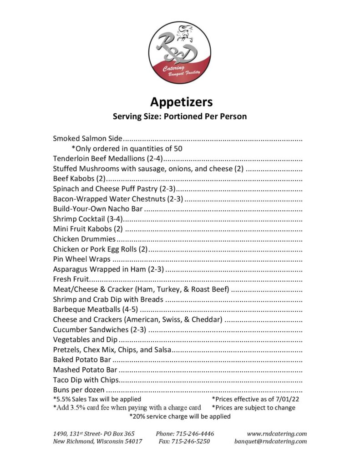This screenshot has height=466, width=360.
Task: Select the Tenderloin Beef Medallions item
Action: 108,158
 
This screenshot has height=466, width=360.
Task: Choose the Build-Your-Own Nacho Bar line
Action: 98,209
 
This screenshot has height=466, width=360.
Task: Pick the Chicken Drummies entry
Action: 84,239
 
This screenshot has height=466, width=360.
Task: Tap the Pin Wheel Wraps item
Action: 81,259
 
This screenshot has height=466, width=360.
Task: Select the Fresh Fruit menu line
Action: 73,279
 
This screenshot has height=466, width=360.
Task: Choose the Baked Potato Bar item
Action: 82,360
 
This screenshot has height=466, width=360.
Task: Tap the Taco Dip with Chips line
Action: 86,380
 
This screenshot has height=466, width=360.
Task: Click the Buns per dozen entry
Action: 79,390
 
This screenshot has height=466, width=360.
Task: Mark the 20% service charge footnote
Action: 180,416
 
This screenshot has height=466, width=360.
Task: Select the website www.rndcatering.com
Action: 277,434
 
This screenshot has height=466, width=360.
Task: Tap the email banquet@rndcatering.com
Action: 270,441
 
